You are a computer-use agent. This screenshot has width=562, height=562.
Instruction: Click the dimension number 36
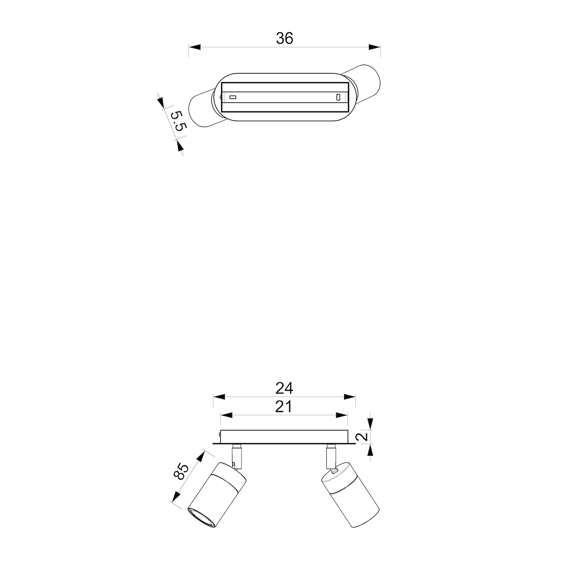[x=285, y=39]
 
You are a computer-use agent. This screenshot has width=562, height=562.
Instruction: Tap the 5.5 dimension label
[x=178, y=121]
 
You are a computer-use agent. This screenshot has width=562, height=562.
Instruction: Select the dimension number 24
[x=284, y=388]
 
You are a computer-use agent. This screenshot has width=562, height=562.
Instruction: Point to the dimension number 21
[x=284, y=407]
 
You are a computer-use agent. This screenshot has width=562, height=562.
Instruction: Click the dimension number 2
[x=363, y=436]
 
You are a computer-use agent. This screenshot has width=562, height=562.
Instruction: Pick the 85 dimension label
[x=181, y=471]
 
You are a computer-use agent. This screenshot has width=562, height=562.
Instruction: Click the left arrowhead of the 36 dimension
[x=195, y=47]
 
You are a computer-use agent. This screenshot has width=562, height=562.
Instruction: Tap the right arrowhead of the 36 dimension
[x=375, y=47]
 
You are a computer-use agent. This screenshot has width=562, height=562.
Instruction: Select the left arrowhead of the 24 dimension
[x=219, y=397]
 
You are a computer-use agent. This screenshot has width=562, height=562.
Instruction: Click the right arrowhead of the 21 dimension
[x=341, y=415]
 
